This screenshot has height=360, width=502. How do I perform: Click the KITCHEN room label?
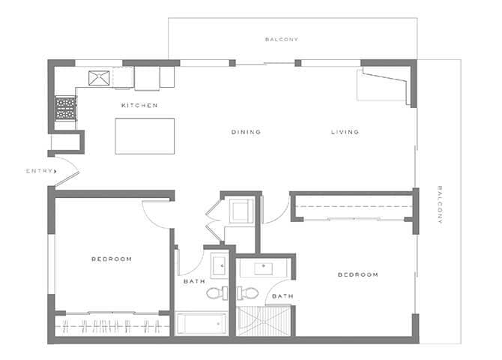coord(139,106)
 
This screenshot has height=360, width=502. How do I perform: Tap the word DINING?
coord(246,132)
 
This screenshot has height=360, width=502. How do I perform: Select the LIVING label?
coord(345,132)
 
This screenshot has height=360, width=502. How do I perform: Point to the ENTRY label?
coord(40,171)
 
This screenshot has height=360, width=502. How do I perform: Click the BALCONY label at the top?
coord(282,39)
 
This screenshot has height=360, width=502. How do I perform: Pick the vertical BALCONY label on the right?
coord(441,205)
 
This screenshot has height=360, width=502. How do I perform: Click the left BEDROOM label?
coord(112,259)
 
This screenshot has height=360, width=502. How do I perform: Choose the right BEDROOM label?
coord(357,274)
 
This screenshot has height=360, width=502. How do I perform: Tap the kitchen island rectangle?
coord(145,136)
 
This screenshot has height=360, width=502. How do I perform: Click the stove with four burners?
coord(66,109)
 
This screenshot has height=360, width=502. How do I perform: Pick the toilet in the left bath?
coord(215,292)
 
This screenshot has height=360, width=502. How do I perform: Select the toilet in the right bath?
coord(250,292)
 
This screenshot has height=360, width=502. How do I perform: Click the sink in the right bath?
coord(266,266)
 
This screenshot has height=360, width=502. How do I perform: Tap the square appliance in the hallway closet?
coord(241,210)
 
